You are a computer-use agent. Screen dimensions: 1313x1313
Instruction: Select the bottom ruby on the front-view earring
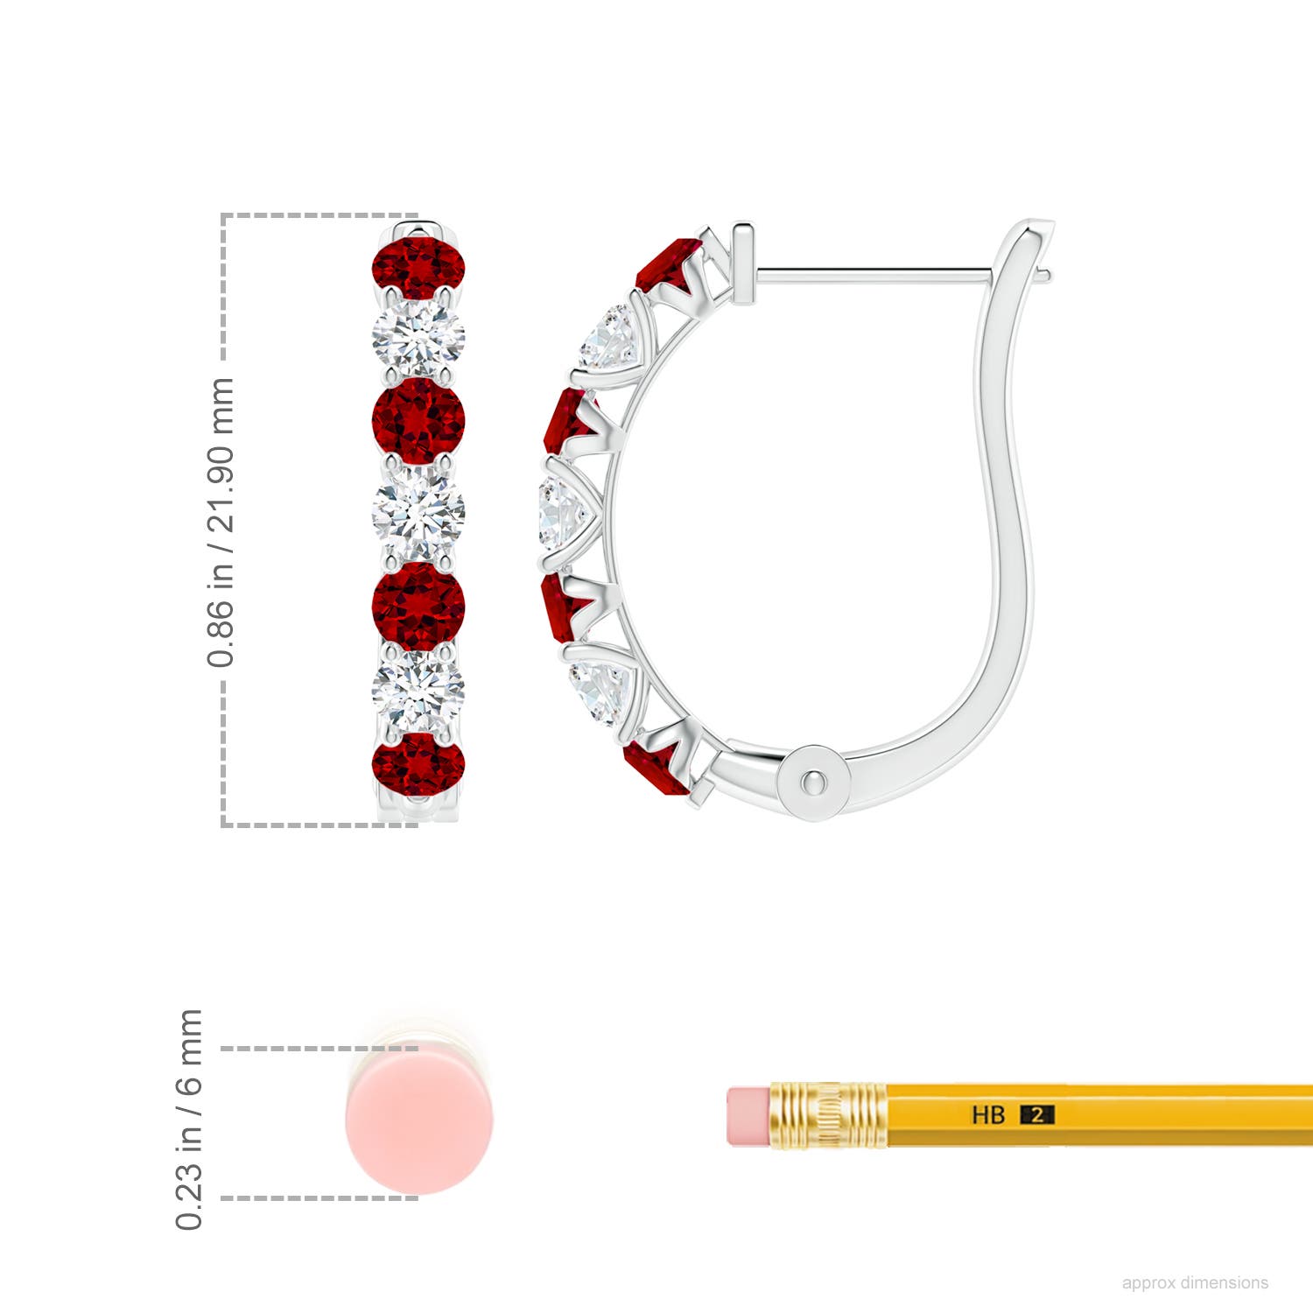tap(418, 763)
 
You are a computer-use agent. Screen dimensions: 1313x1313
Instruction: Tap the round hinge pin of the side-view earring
tap(815, 781)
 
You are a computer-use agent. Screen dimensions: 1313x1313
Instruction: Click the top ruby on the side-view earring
tap(668, 265)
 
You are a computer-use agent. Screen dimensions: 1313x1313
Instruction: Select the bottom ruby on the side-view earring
tap(655, 768)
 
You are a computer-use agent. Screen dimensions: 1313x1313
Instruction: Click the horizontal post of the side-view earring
tap(875, 275)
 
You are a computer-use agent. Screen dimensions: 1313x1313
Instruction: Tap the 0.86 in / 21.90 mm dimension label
tap(221, 523)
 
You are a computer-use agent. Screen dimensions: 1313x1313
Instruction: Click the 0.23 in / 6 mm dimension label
tap(190, 1120)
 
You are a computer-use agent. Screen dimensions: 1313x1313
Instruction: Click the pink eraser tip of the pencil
tap(747, 1116)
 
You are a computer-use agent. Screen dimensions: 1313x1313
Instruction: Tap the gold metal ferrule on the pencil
tap(828, 1115)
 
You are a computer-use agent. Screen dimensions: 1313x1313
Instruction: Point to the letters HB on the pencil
tap(988, 1115)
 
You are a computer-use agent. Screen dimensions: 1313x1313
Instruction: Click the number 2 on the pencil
tap(1037, 1115)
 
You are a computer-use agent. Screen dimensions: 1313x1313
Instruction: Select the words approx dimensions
tap(1195, 1282)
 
